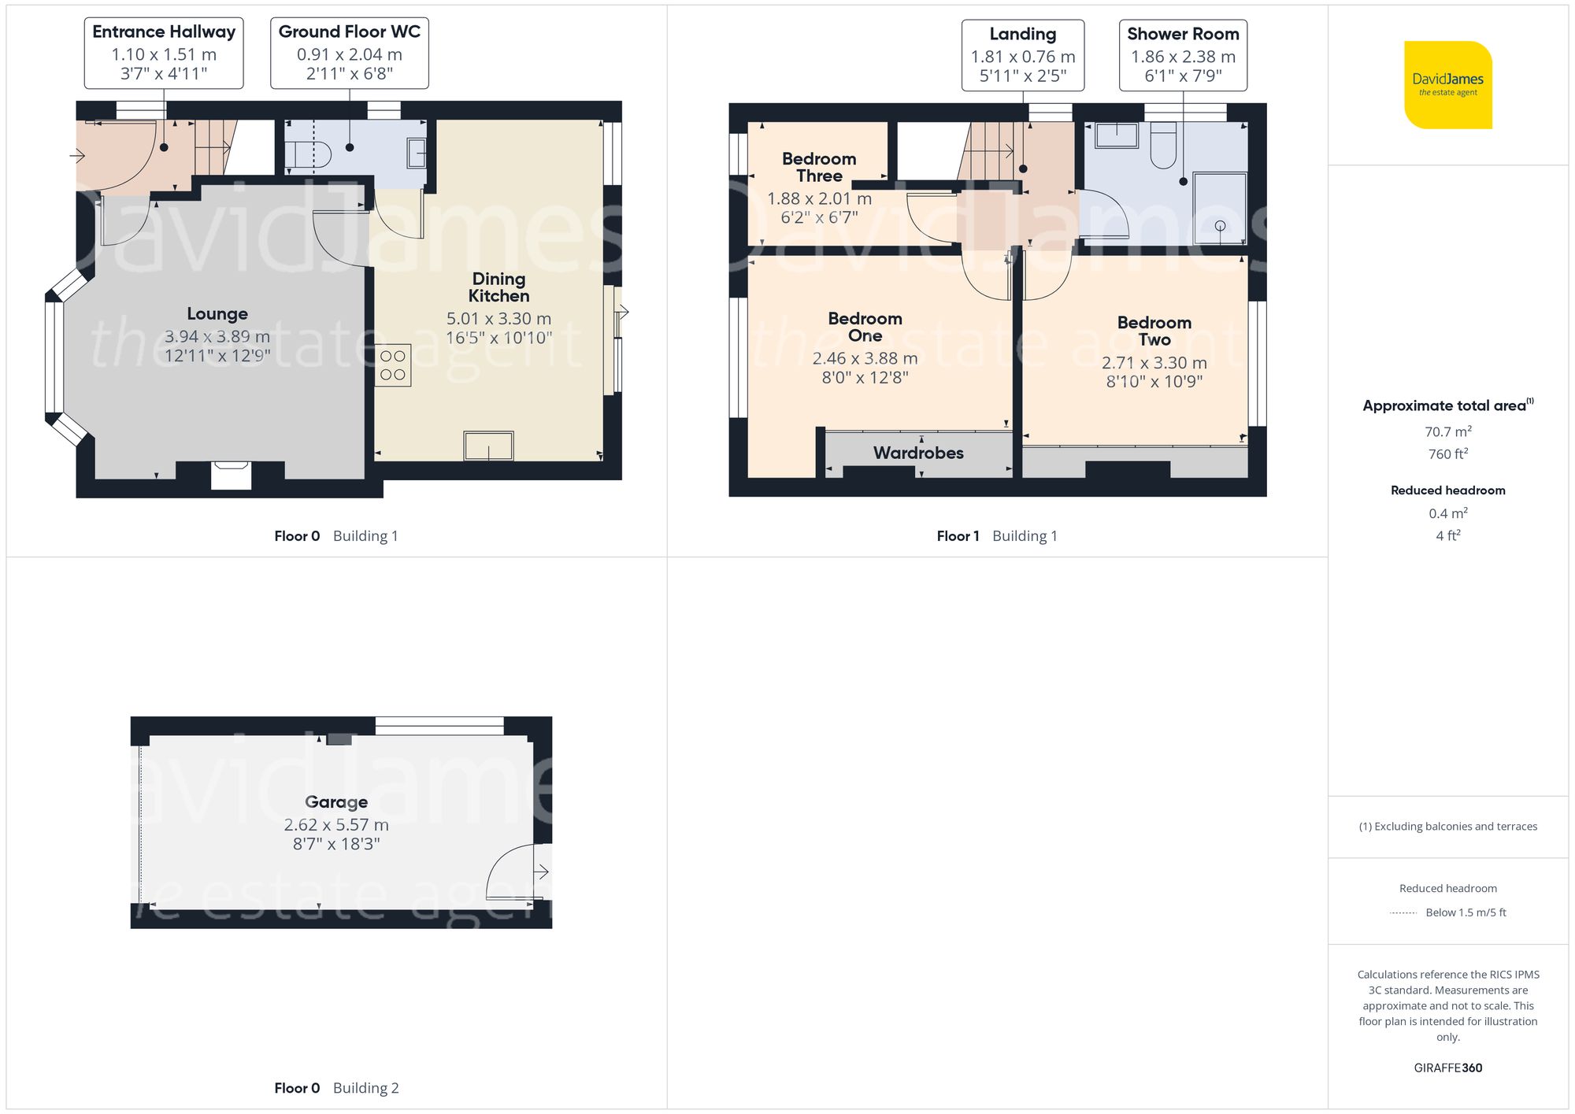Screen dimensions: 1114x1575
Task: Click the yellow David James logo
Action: click(x=1447, y=85)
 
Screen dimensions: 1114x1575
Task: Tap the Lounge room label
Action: click(x=217, y=314)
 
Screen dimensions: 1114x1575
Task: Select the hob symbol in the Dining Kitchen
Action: click(x=393, y=365)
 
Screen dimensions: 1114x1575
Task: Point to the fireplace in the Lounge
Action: click(x=231, y=475)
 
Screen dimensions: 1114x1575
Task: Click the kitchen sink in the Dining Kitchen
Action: click(x=488, y=446)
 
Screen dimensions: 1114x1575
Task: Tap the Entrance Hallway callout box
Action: click(x=164, y=53)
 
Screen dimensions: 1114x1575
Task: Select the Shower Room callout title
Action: click(x=1183, y=34)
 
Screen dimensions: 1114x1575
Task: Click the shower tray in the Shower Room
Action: click(x=1220, y=209)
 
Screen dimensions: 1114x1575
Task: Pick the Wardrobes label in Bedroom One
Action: click(x=918, y=453)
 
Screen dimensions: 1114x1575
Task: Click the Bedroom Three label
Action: click(x=819, y=167)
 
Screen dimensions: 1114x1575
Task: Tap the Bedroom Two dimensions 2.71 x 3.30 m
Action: click(x=1154, y=363)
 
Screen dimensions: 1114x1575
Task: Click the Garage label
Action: click(x=336, y=802)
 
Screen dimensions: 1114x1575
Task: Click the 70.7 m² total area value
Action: click(x=1447, y=431)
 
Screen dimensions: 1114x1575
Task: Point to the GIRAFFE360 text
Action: click(x=1447, y=1068)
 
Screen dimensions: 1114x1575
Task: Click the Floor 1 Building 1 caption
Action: click(x=997, y=536)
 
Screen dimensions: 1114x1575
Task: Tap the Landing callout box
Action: click(x=1022, y=55)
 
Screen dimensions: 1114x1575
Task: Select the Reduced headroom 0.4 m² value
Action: click(x=1447, y=513)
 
